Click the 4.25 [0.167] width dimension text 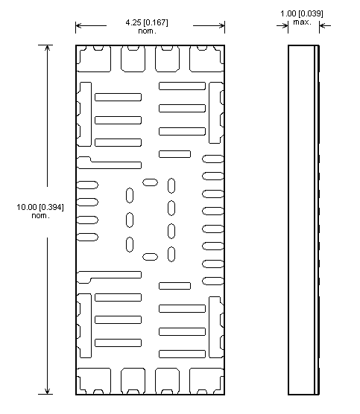(x=147, y=22)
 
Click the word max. (x=302, y=22)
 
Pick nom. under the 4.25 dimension (x=147, y=31)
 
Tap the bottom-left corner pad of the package (x=94, y=380)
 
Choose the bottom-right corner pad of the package (x=206, y=380)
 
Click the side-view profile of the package (x=303, y=220)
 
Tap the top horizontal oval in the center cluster (x=151, y=182)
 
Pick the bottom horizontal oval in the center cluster (x=151, y=257)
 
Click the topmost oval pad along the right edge (x=212, y=159)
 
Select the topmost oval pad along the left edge (x=88, y=185)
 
